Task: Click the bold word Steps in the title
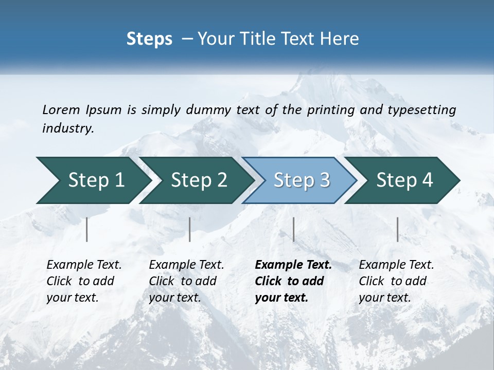(149, 39)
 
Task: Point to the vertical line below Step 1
(87, 229)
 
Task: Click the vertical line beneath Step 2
(190, 229)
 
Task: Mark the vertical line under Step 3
(294, 229)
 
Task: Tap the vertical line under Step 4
(398, 229)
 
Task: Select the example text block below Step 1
(84, 281)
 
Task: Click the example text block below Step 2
(186, 281)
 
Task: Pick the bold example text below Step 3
(293, 281)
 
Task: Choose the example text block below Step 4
(396, 281)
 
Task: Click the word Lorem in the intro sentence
(61, 110)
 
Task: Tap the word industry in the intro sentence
(67, 128)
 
